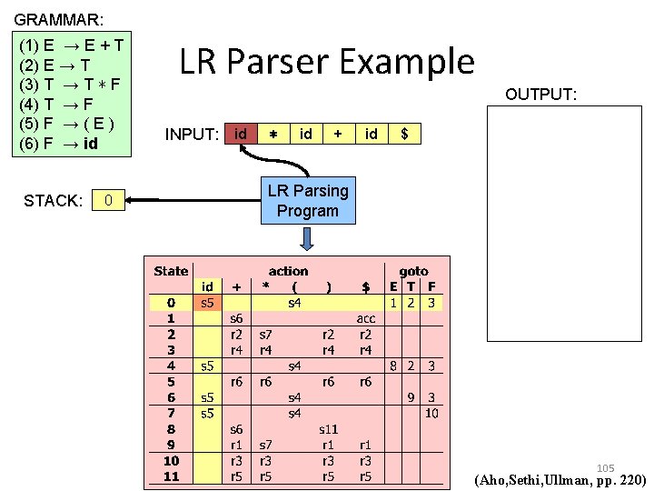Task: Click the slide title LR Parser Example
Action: click(x=326, y=62)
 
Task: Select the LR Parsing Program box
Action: click(x=307, y=201)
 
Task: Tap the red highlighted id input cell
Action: click(x=241, y=134)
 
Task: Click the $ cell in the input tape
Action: click(x=404, y=134)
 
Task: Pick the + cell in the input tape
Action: click(x=338, y=134)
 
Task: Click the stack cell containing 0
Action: click(x=108, y=200)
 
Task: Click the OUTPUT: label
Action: click(x=541, y=95)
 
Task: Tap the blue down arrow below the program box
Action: click(x=307, y=238)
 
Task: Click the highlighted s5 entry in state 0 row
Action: click(x=207, y=302)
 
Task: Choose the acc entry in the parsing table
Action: click(x=365, y=318)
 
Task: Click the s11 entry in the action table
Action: click(x=328, y=427)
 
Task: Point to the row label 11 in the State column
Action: click(x=171, y=476)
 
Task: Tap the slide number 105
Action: click(x=605, y=468)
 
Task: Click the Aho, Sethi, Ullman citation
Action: click(x=560, y=479)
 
